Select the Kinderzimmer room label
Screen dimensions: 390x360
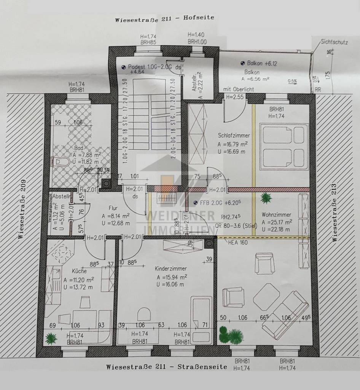click(x=171, y=269)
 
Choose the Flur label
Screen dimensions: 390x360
click(x=113, y=208)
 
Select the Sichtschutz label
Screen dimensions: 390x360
click(x=334, y=42)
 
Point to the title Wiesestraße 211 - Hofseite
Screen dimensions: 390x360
click(x=164, y=18)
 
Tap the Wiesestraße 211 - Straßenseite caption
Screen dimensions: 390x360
click(x=166, y=367)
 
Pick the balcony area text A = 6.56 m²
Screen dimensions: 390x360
click(x=255, y=79)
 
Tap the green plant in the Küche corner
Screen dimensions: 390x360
click(x=50, y=337)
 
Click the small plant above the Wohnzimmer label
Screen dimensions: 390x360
click(x=265, y=197)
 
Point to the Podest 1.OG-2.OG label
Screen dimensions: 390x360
click(x=150, y=66)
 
